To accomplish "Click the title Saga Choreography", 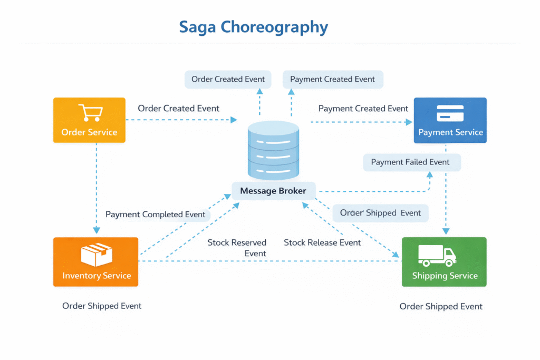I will pos(253,27).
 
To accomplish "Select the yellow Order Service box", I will pos(89,120).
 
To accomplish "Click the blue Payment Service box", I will pos(450,120).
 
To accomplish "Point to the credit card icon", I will pos(450,113).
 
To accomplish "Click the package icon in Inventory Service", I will pos(96,255).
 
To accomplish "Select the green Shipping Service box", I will pos(444,262).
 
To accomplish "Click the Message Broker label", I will pos(273,191).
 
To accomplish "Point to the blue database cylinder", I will pos(273,150).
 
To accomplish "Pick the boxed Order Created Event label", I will pos(228,80).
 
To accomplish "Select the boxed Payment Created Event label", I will pos(332,80).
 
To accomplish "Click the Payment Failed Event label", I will pos(411,162).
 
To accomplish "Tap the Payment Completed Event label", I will pos(156,215).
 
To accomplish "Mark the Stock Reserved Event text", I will pos(237,248).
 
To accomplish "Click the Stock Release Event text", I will pos(322,243).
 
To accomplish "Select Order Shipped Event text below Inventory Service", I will pos(102,306).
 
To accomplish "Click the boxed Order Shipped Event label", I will pos(380,213).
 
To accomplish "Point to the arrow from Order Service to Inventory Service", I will pos(96,184).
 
